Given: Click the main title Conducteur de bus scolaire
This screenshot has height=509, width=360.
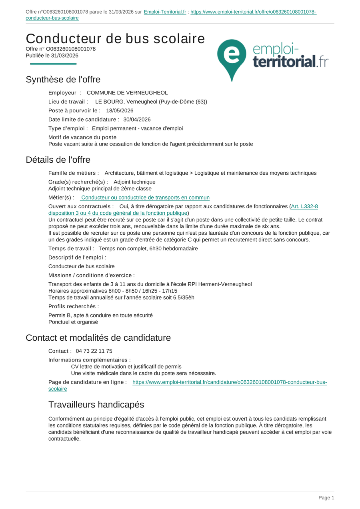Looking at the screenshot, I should [x=115, y=39].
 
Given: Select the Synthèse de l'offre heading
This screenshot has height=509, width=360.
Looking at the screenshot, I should [x=63, y=80].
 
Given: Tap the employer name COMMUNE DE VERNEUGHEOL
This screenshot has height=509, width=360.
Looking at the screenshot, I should [x=127, y=93].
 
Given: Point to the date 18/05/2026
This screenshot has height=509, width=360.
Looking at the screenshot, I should [x=120, y=110].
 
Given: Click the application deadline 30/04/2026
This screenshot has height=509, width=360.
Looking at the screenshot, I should [x=137, y=119].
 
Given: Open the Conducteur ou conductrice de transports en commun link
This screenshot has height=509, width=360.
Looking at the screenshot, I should [x=145, y=198].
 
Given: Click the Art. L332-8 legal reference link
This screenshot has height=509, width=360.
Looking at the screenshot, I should [x=304, y=206].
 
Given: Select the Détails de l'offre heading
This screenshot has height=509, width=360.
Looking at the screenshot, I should [x=58, y=160].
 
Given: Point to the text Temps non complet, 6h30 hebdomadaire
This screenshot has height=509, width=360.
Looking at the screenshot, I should [x=148, y=248].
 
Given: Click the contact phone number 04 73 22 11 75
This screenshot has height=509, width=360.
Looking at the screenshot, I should [x=94, y=351].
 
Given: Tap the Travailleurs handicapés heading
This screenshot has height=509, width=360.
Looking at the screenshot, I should [x=96, y=405].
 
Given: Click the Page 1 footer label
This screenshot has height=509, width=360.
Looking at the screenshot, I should [x=326, y=498].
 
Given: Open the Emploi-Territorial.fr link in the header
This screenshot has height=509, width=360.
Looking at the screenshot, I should [x=165, y=12].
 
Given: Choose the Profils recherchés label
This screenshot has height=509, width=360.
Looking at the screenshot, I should [x=74, y=306].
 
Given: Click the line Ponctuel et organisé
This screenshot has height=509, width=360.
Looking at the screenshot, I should [x=73, y=322].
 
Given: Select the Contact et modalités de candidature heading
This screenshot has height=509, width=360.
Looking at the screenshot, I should [x=98, y=338].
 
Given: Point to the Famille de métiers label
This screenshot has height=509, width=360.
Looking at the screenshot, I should [x=74, y=173].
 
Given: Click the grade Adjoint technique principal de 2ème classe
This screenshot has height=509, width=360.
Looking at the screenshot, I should [x=100, y=188].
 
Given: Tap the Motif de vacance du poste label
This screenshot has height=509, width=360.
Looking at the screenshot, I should [x=82, y=137].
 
